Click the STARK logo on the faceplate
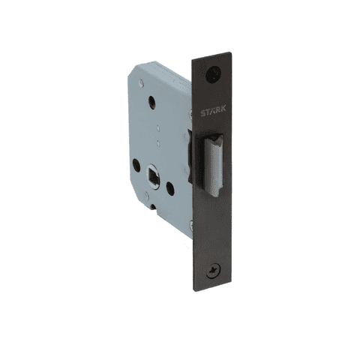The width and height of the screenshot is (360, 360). [x=213, y=110]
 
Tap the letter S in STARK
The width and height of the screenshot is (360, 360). [x=203, y=113]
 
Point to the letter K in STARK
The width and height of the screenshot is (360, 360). [x=223, y=109]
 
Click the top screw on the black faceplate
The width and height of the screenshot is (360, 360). [x=213, y=73]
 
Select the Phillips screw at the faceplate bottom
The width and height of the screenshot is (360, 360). [x=213, y=271]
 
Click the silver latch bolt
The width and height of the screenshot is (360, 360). [x=213, y=165]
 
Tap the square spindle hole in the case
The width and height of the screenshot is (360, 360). [x=153, y=175]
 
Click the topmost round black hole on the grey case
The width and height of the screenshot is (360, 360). [x=151, y=102]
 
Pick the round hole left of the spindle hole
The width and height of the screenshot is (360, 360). [x=136, y=165]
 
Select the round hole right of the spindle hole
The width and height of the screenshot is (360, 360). [x=170, y=188]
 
